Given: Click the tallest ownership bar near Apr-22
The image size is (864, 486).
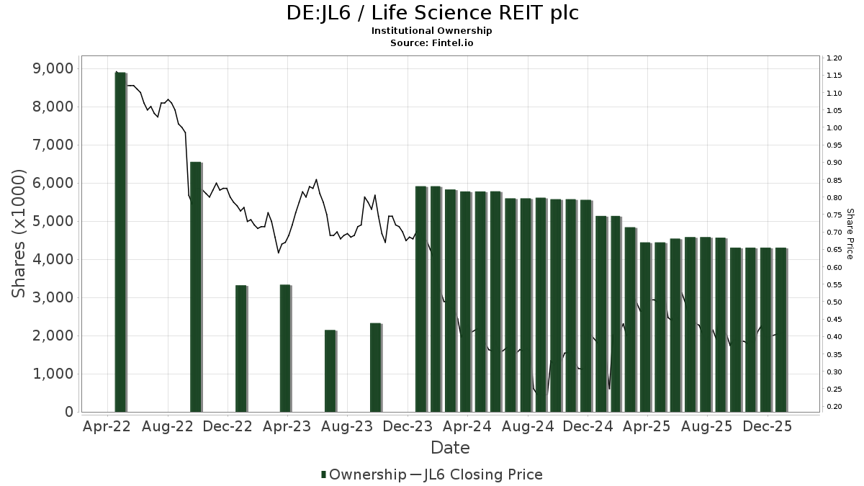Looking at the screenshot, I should click(x=120, y=241).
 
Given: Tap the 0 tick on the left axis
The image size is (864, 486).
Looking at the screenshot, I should click(x=68, y=412).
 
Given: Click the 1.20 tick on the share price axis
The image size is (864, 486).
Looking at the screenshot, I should click(x=834, y=58).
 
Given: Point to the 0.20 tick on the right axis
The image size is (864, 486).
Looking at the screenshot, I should click(x=834, y=407).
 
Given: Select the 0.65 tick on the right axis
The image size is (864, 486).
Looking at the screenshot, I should click(x=834, y=250).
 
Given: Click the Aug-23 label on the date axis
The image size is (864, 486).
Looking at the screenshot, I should click(x=346, y=426).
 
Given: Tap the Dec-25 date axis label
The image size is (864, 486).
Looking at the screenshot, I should click(x=768, y=426).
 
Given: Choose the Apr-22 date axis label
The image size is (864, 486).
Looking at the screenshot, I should click(x=107, y=426).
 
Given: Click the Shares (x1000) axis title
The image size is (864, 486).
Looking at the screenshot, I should click(x=19, y=233).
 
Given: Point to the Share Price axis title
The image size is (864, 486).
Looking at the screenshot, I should click(x=850, y=233).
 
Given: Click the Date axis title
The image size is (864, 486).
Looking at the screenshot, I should click(x=450, y=448).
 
